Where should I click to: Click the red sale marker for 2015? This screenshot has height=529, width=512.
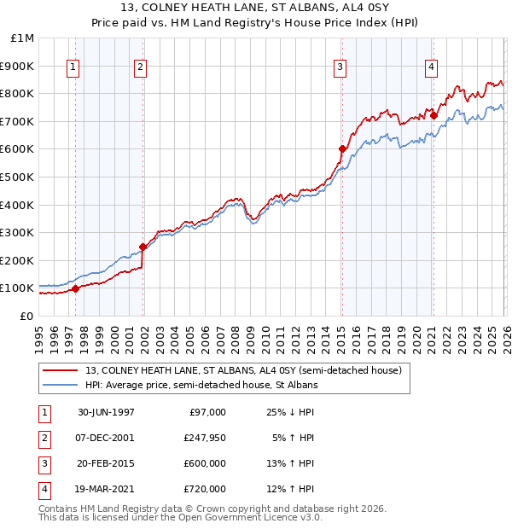click(x=342, y=148)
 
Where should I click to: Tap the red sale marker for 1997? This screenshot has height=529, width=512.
click(x=76, y=288)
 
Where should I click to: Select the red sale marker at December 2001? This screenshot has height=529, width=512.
click(x=143, y=247)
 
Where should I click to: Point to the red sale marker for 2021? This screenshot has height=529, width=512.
click(x=433, y=115)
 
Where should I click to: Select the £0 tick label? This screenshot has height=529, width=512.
click(x=26, y=316)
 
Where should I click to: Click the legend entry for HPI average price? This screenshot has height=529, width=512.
click(x=201, y=386)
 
